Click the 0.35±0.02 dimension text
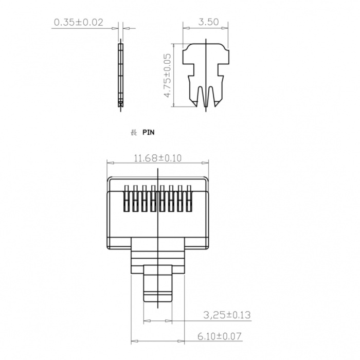[79, 22]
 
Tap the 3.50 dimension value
[208, 22]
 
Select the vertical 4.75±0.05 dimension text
[168, 76]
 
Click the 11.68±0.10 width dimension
[157, 158]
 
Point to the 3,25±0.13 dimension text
[227, 315]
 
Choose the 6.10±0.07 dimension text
[220, 336]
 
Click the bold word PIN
[148, 133]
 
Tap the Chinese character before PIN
[134, 133]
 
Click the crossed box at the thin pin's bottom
[120, 104]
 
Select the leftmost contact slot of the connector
[127, 199]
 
